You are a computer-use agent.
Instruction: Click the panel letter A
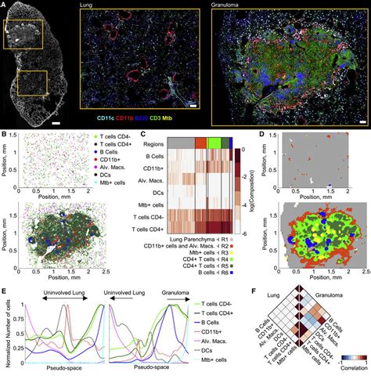(x=4, y=5)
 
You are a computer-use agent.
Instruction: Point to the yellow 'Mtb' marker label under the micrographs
(x=209, y=122)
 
